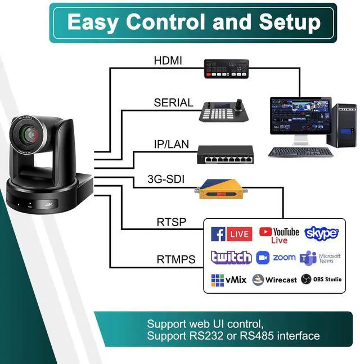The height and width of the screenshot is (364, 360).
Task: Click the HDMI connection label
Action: [x=168, y=61]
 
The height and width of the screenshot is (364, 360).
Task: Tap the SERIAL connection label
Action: [x=173, y=103]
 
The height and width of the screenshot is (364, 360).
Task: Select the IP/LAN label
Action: [x=171, y=145]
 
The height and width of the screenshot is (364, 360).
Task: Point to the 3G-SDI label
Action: [x=166, y=181]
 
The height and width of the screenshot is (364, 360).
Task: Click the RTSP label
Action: [x=171, y=222]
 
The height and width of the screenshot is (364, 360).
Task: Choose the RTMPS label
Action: [x=175, y=259]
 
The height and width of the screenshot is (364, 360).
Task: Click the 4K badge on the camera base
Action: [x=49, y=204]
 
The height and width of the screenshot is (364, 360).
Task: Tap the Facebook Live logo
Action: [x=231, y=233]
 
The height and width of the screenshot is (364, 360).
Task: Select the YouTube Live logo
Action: [x=278, y=235]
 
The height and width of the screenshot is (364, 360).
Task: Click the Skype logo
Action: [x=321, y=233]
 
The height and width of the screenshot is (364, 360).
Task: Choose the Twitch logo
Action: [x=231, y=258]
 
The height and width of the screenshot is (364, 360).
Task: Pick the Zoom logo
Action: [x=276, y=258]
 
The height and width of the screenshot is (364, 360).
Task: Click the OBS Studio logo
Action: [x=321, y=279]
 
